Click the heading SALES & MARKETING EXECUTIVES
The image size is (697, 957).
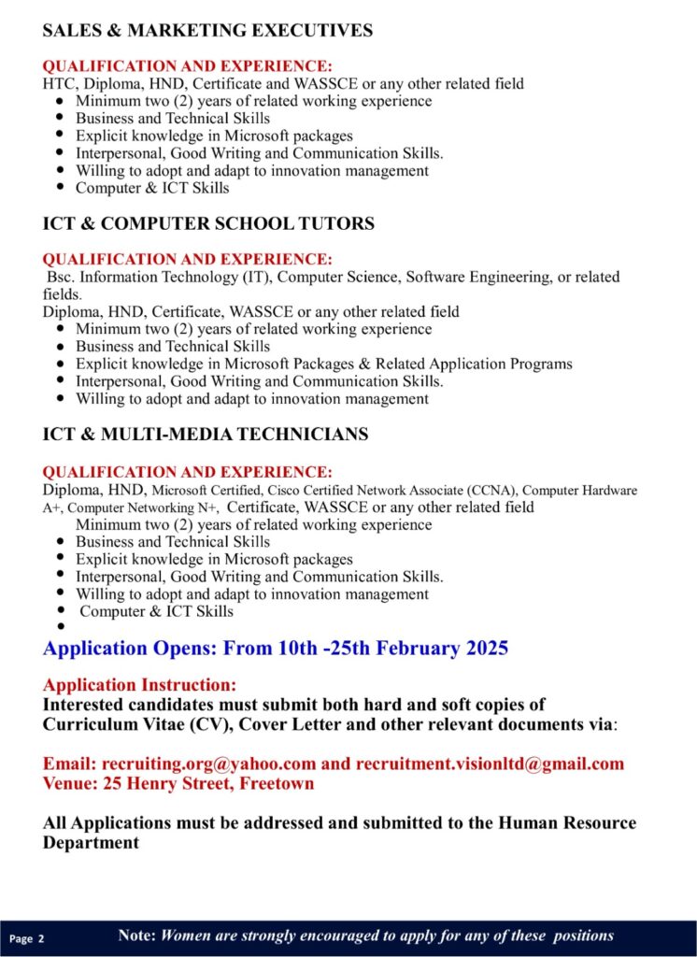coord(207,31)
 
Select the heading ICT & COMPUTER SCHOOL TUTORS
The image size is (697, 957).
coord(208,224)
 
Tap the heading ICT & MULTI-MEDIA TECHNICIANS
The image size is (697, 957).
coord(206,435)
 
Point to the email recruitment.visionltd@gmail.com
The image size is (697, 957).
coord(489,764)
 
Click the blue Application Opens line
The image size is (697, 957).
coord(276,649)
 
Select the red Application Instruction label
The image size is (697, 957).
coord(139,685)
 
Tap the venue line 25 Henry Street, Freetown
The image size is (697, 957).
coord(178,783)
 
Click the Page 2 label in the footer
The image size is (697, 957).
coord(27,937)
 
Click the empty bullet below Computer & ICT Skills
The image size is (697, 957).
coord(61,628)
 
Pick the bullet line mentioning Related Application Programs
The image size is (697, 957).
coord(323,364)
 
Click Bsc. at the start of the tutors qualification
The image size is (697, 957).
coord(61,278)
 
